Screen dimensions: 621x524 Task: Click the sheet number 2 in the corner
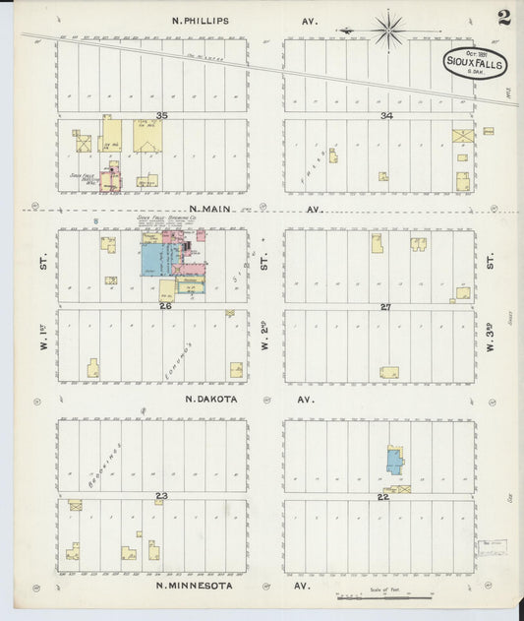pos(503,17)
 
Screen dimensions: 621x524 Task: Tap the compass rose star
pos(388,29)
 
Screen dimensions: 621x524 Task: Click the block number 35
pos(161,116)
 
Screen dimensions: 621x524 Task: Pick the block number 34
pos(386,116)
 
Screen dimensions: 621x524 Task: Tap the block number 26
pos(165,306)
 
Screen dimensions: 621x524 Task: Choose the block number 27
pos(385,306)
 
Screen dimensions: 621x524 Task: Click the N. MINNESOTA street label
pos(196,586)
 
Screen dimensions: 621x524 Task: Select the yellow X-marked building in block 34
pos(462,136)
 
